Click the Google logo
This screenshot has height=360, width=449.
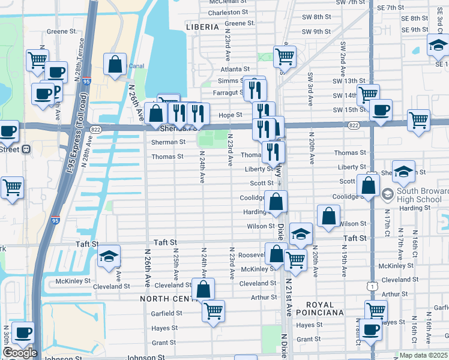click(20, 352)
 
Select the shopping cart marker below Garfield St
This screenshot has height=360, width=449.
click(213, 311)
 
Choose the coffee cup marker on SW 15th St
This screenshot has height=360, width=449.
click(381, 110)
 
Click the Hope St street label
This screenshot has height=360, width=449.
click(230, 115)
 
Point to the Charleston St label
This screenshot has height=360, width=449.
click(228, 12)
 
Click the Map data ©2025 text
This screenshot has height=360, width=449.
click(422, 355)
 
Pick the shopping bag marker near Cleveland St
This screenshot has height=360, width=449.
click(203, 289)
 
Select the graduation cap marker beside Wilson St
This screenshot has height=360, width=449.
click(301, 233)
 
